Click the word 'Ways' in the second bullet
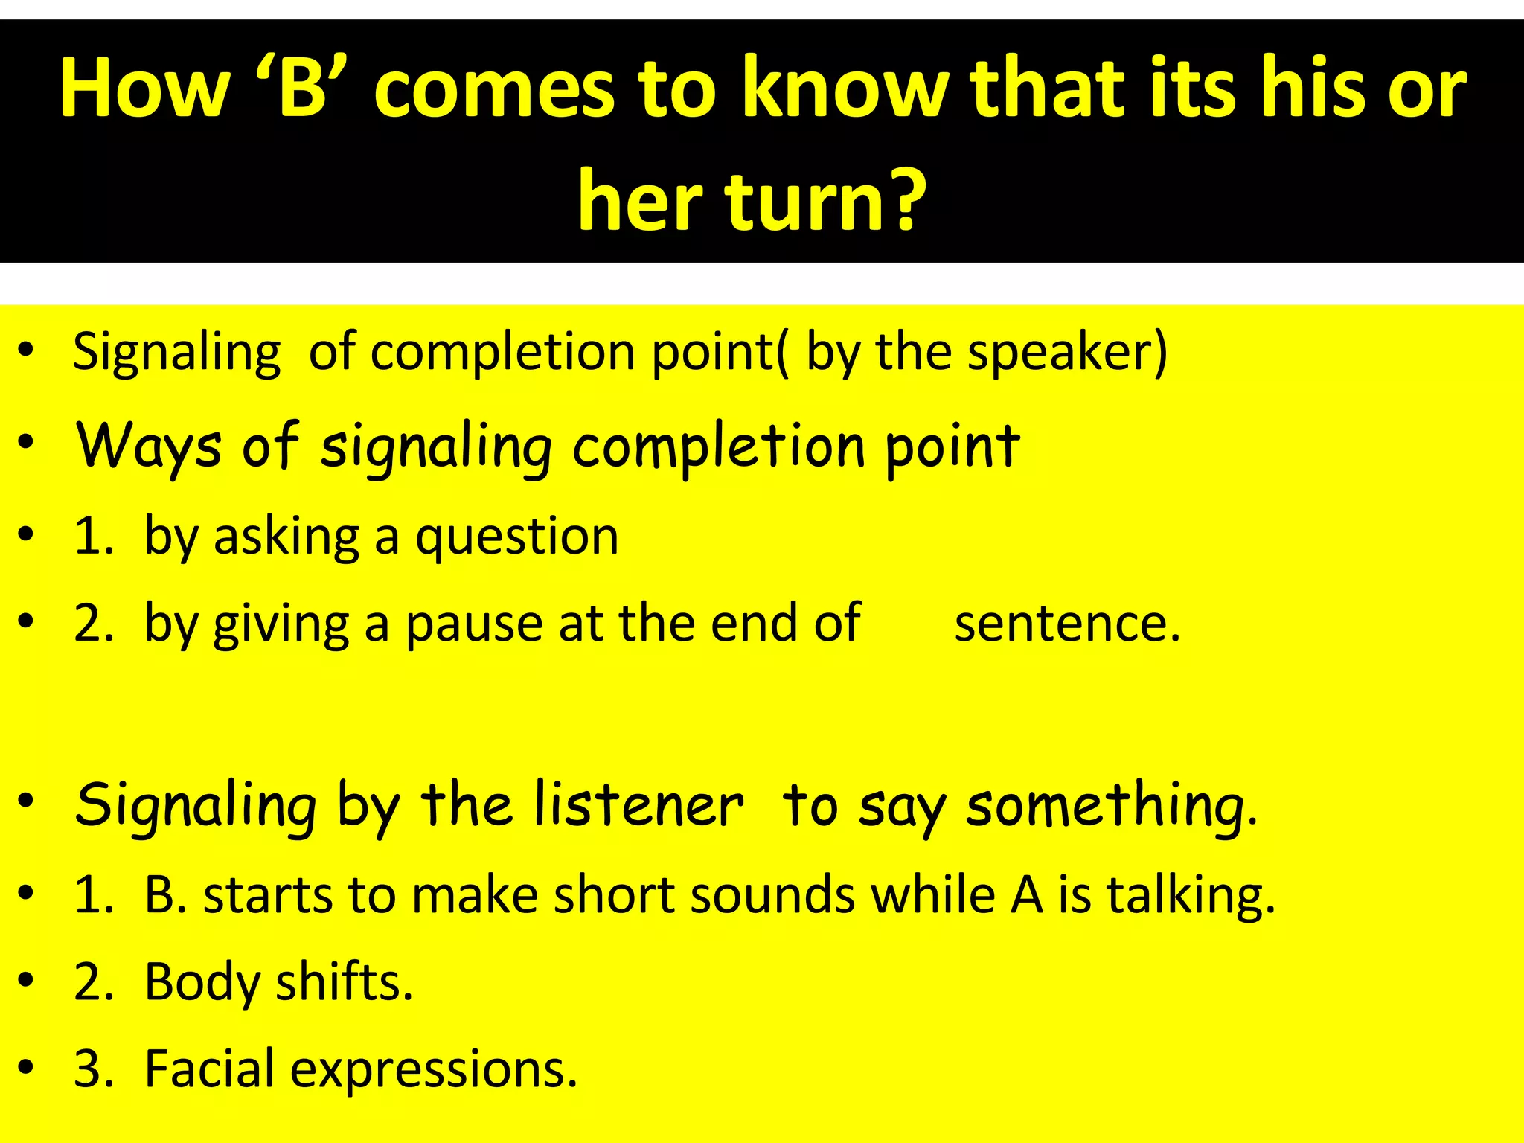(149, 446)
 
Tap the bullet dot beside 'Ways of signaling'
(26, 442)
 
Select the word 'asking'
(286, 536)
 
